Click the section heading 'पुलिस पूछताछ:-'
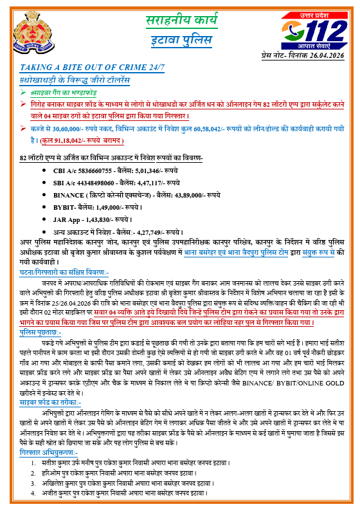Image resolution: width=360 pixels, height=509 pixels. coord(41,333)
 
